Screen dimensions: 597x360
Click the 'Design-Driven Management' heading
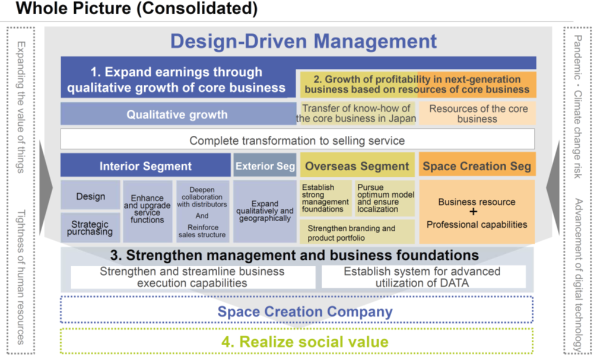303,41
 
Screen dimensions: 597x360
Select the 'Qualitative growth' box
178,114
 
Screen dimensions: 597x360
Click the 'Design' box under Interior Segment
91,195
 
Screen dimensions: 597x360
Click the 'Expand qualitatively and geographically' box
265,211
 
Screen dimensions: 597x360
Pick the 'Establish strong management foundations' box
326,198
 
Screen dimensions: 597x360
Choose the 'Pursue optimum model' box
385,198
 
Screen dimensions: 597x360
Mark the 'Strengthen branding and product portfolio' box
357,232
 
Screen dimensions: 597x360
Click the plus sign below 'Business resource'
473,212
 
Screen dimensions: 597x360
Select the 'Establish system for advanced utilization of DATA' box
423,277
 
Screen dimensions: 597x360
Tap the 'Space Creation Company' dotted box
297,310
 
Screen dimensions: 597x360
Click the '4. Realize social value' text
305,342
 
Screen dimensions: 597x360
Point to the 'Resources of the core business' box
478,113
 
